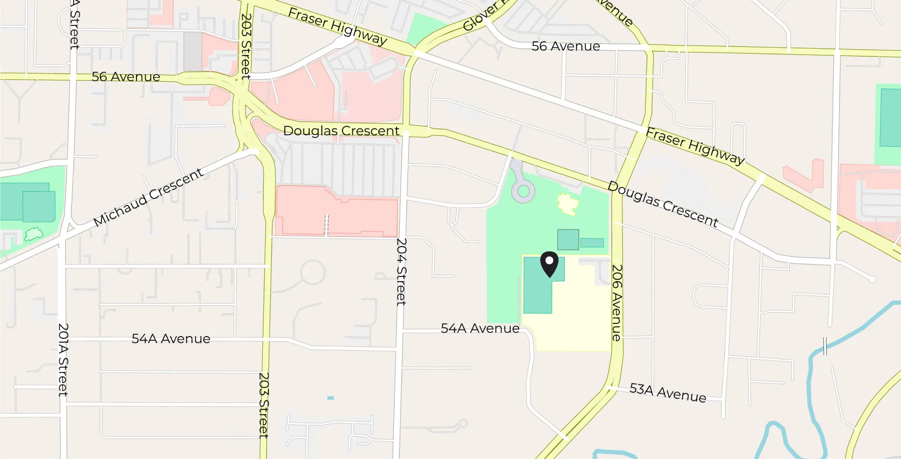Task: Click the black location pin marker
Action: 549,264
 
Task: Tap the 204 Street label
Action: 401,272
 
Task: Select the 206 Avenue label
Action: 617,303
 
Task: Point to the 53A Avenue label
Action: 667,392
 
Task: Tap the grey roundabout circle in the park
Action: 523,191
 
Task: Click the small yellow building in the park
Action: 568,204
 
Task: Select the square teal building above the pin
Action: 568,239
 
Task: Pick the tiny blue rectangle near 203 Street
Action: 330,398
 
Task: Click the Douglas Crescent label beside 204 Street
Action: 341,130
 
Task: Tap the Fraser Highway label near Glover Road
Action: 337,26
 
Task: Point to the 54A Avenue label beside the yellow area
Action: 480,328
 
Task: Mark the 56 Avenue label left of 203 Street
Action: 126,76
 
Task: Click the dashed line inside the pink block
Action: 327,225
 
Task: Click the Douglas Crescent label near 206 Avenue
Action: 663,204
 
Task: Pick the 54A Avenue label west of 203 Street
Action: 171,338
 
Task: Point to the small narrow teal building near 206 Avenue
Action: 592,243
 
